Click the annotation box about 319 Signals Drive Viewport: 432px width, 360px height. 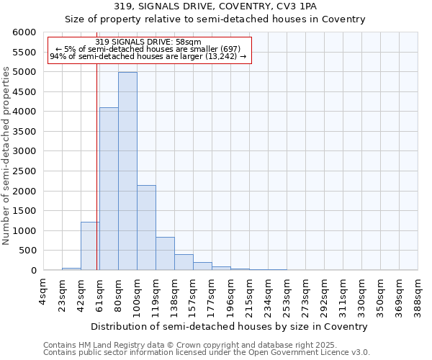point(149,50)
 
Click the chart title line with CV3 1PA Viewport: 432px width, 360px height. point(215,6)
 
